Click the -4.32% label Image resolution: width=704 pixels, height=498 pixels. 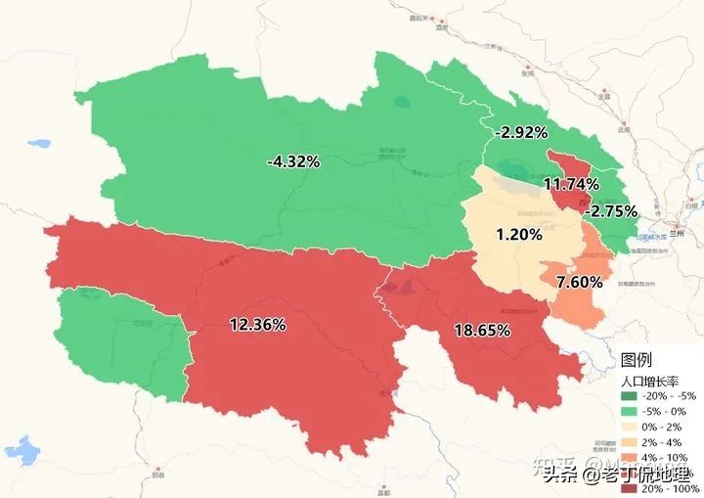click(293, 161)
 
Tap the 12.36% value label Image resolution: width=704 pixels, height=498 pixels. click(257, 324)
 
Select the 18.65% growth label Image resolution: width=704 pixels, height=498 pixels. click(482, 331)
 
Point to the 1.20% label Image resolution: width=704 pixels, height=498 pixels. click(518, 235)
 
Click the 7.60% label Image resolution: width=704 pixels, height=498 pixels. click(579, 282)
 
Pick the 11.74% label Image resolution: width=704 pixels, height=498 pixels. click(570, 184)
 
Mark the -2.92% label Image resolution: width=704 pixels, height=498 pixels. click(521, 132)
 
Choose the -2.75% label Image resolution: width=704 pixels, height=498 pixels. click(610, 210)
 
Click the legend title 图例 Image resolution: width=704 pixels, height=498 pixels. click(636, 360)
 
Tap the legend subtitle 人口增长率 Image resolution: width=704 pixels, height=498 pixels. click(650, 379)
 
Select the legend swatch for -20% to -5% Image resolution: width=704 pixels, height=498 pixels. click(629, 396)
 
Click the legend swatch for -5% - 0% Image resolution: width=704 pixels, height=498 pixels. click(629, 411)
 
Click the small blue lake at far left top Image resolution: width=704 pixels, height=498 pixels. click(39, 143)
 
